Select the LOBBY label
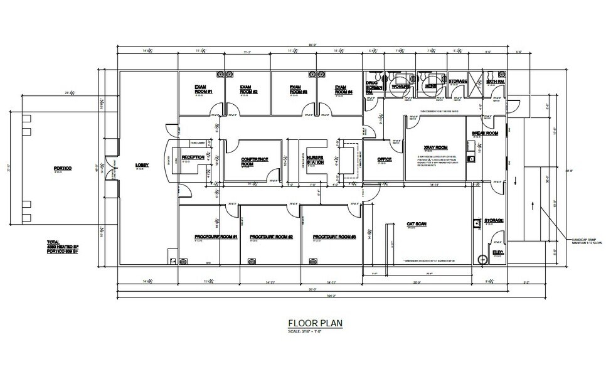(142, 166)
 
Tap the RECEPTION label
(193, 158)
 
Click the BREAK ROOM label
(486, 133)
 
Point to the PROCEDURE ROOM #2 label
(272, 237)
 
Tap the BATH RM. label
(496, 82)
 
